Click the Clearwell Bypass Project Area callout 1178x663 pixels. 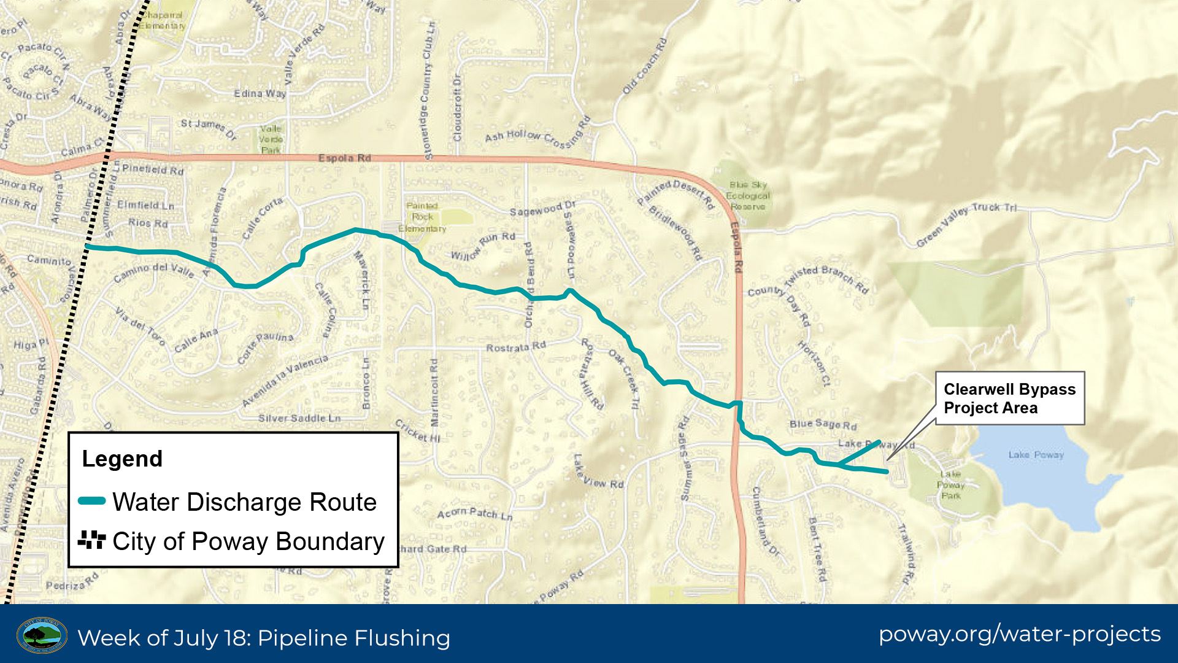pyautogui.click(x=1009, y=398)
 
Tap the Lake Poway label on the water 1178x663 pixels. pyautogui.click(x=1036, y=455)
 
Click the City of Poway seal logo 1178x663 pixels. pyautogui.click(x=42, y=635)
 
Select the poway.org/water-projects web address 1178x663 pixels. pyautogui.click(x=1019, y=634)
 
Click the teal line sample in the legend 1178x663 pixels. pyautogui.click(x=92, y=502)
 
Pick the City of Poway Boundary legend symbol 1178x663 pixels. pyautogui.click(x=92, y=541)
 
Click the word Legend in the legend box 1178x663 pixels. pyautogui.click(x=122, y=459)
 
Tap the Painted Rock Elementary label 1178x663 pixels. pyautogui.click(x=422, y=217)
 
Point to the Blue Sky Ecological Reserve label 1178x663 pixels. pyautogui.click(x=747, y=195)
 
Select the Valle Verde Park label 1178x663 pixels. pyautogui.click(x=271, y=139)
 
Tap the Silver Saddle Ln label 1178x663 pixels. pyautogui.click(x=299, y=418)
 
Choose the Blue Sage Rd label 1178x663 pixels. pyautogui.click(x=823, y=424)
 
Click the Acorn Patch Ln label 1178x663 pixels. pyautogui.click(x=474, y=514)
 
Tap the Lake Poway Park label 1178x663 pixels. pyautogui.click(x=950, y=484)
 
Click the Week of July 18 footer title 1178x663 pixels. pyautogui.click(x=264, y=638)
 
